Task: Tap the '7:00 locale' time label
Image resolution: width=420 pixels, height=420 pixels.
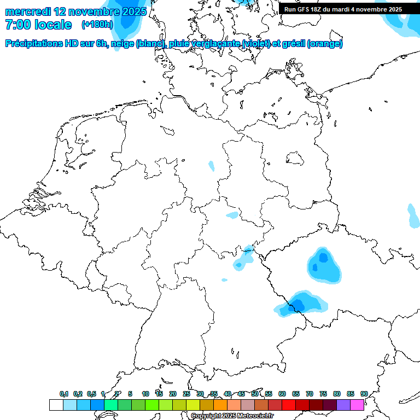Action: (38, 25)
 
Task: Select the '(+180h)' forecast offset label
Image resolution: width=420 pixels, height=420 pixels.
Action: (97, 25)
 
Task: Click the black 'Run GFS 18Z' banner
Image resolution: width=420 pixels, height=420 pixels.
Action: (343, 9)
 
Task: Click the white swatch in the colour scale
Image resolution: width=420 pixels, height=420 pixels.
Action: (56, 405)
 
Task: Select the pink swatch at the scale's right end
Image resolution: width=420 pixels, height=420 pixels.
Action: (357, 405)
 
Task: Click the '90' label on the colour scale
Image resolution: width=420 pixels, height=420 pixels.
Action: (364, 394)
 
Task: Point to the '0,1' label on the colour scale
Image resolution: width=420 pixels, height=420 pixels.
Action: (64, 394)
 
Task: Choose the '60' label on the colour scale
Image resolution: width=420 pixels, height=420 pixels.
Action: (282, 394)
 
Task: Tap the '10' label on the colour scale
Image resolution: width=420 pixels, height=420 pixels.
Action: (145, 394)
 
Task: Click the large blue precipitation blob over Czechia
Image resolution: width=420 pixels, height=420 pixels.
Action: (323, 265)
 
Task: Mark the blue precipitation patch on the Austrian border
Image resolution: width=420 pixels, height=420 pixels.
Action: (299, 304)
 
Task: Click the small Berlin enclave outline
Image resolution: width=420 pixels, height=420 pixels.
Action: (296, 158)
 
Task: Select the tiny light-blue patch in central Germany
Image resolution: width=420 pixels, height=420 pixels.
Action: (212, 165)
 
